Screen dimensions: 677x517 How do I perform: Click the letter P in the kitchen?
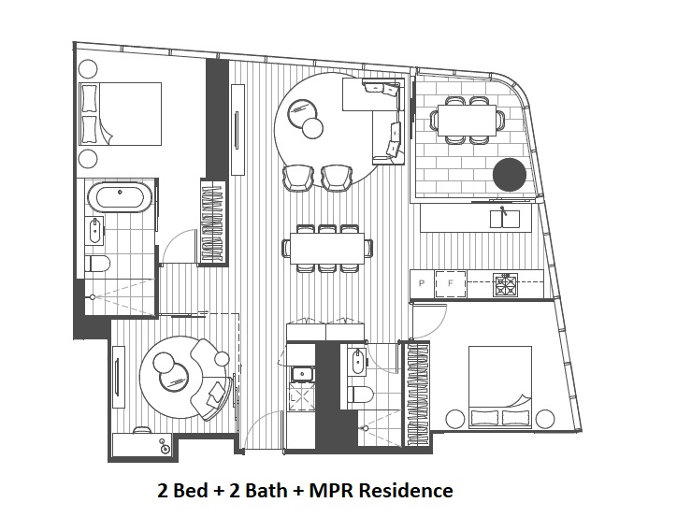pyautogui.click(x=422, y=283)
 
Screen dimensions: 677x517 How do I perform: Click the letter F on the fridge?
pyautogui.click(x=451, y=283)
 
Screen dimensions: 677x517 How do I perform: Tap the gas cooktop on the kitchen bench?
pyautogui.click(x=506, y=285)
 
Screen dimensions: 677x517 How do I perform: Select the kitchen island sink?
pyautogui.click(x=505, y=219)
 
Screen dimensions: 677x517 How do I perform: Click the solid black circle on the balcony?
pyautogui.click(x=510, y=175)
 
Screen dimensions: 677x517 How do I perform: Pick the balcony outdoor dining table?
pyautogui.click(x=468, y=121)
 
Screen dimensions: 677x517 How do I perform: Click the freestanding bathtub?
pyautogui.click(x=120, y=198)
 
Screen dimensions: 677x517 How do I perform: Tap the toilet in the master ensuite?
pyautogui.click(x=97, y=264)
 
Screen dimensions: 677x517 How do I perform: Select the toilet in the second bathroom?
pyautogui.click(x=360, y=395)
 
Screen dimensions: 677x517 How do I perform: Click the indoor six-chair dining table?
pyautogui.click(x=327, y=248)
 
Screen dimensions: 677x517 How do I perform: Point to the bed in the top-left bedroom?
pyautogui.click(x=121, y=114)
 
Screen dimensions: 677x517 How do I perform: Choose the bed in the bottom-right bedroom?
pyautogui.click(x=500, y=388)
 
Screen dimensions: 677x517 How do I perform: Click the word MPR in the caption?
pyautogui.click(x=330, y=490)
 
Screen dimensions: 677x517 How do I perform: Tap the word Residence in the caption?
pyautogui.click(x=405, y=490)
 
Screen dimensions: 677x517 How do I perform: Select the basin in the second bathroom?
pyautogui.click(x=357, y=362)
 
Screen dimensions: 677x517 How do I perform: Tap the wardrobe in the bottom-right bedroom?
pyautogui.click(x=417, y=394)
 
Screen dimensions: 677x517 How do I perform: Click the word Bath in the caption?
pyautogui.click(x=258, y=490)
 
